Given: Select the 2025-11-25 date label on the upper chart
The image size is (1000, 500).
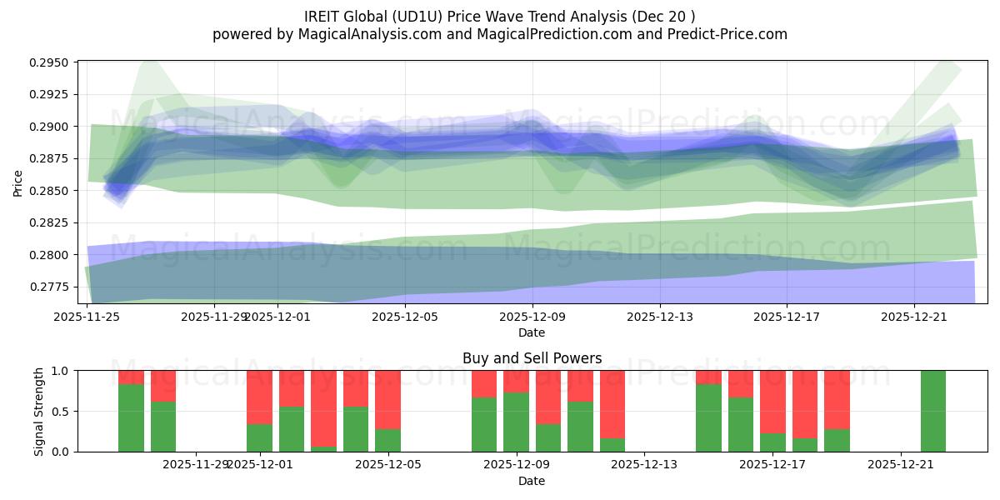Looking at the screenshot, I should pyautogui.click(x=87, y=317).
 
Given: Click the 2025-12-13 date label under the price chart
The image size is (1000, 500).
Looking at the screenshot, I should pyautogui.click(x=659, y=317).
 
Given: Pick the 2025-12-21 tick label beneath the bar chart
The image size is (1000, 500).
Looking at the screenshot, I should pyautogui.click(x=902, y=464).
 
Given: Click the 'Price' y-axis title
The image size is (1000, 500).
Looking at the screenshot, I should pyautogui.click(x=18, y=182).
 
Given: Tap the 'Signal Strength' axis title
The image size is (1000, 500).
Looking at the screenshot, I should pyautogui.click(x=39, y=411).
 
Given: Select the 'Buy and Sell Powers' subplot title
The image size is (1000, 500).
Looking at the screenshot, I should pyautogui.click(x=532, y=358).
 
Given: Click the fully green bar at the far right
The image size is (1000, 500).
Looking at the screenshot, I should pyautogui.click(x=933, y=411).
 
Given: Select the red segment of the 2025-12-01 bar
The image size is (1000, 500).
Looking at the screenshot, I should pyautogui.click(x=259, y=397).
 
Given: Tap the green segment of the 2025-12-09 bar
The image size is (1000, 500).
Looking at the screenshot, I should pyautogui.click(x=516, y=422).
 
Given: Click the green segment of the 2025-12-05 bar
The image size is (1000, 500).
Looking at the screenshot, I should pyautogui.click(x=387, y=440).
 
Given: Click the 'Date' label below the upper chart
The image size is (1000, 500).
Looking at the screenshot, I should pyautogui.click(x=532, y=332).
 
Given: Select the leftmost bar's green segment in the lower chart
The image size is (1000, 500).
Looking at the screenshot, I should pyautogui.click(x=131, y=417).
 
